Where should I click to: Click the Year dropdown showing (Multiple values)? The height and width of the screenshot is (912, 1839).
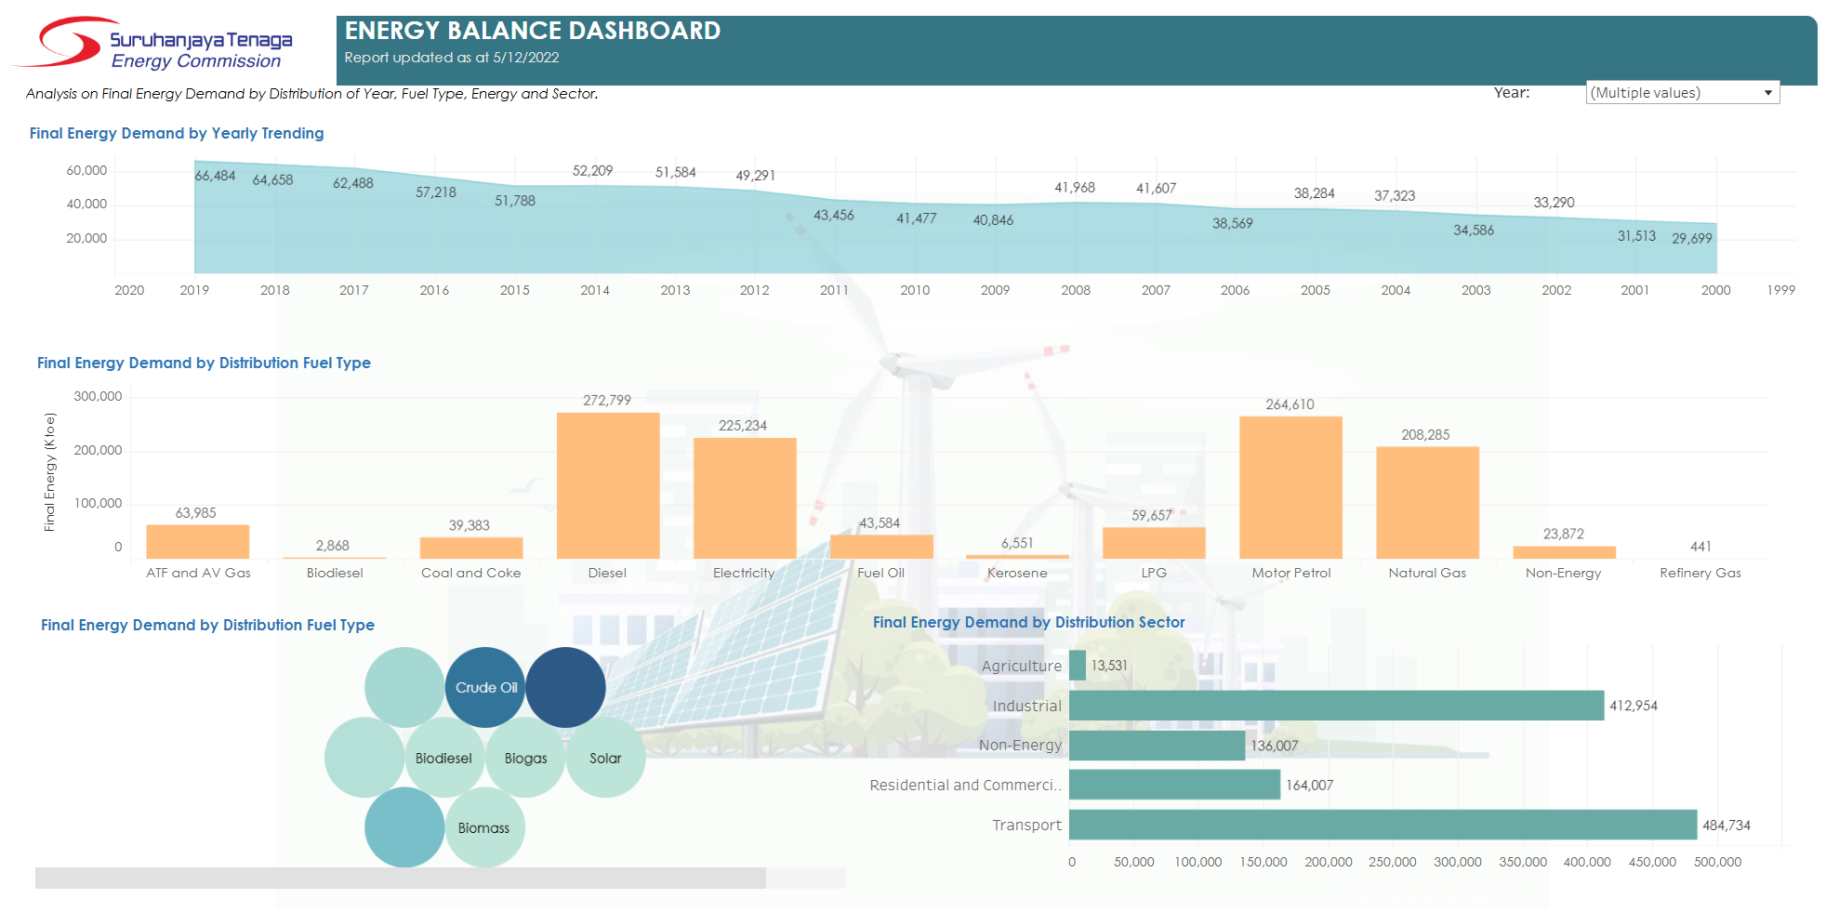pyautogui.click(x=1682, y=93)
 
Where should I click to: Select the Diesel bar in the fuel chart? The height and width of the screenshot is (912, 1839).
pyautogui.click(x=608, y=485)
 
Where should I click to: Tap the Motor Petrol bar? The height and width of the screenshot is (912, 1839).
pyautogui.click(x=1290, y=487)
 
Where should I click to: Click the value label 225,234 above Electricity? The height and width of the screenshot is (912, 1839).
pyautogui.click(x=743, y=426)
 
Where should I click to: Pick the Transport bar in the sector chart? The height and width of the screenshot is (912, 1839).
pyautogui.click(x=1383, y=825)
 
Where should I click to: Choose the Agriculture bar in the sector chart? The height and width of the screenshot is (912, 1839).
pyautogui.click(x=1078, y=666)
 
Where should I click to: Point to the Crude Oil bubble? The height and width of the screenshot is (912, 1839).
pyautogui.click(x=485, y=688)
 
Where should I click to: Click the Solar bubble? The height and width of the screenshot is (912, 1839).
pyautogui.click(x=605, y=758)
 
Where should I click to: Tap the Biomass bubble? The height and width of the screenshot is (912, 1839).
pyautogui.click(x=484, y=827)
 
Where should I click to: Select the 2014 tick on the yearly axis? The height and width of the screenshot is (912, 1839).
pyautogui.click(x=595, y=290)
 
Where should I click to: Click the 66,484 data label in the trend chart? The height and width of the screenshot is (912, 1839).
pyautogui.click(x=215, y=176)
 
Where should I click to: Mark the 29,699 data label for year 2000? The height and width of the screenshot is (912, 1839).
pyautogui.click(x=1691, y=239)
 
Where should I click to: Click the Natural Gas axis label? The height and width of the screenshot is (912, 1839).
pyautogui.click(x=1427, y=573)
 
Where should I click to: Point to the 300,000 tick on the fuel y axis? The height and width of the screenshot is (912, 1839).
pyautogui.click(x=98, y=397)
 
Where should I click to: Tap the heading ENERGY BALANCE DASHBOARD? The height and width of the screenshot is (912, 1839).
pyautogui.click(x=533, y=31)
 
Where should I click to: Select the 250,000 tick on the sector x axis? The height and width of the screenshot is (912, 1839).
pyautogui.click(x=1392, y=862)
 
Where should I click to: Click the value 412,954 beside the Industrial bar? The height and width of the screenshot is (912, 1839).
pyautogui.click(x=1634, y=706)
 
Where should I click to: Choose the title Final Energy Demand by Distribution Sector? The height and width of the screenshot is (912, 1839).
pyautogui.click(x=1028, y=622)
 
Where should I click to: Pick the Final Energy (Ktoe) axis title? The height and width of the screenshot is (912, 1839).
pyautogui.click(x=50, y=472)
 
